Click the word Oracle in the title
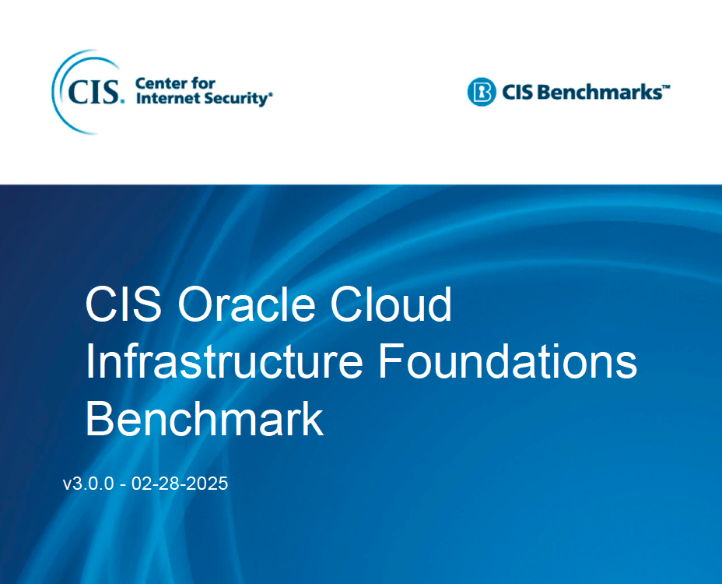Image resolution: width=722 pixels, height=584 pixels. (247, 304)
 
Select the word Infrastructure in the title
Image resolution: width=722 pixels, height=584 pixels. (225, 362)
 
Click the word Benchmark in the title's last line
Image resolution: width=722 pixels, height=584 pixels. (204, 419)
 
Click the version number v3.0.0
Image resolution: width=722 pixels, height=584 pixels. (89, 484)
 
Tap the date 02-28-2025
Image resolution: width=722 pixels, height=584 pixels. (180, 484)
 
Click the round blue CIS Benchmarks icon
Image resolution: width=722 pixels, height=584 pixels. (482, 93)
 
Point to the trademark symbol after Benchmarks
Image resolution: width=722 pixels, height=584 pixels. (666, 88)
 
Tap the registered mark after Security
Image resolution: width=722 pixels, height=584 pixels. (271, 96)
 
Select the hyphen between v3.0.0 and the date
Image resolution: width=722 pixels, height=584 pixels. (123, 484)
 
